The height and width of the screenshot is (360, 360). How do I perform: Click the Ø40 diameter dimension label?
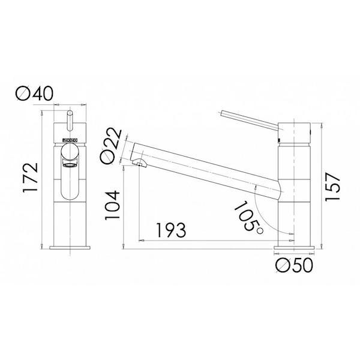pyautogui.click(x=37, y=94)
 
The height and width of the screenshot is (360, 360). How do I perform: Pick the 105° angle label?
pyautogui.click(x=247, y=215)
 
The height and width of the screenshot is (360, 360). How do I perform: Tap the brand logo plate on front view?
pyautogui.click(x=69, y=145)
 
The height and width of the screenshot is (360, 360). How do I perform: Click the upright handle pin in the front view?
pyautogui.click(x=69, y=118)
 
